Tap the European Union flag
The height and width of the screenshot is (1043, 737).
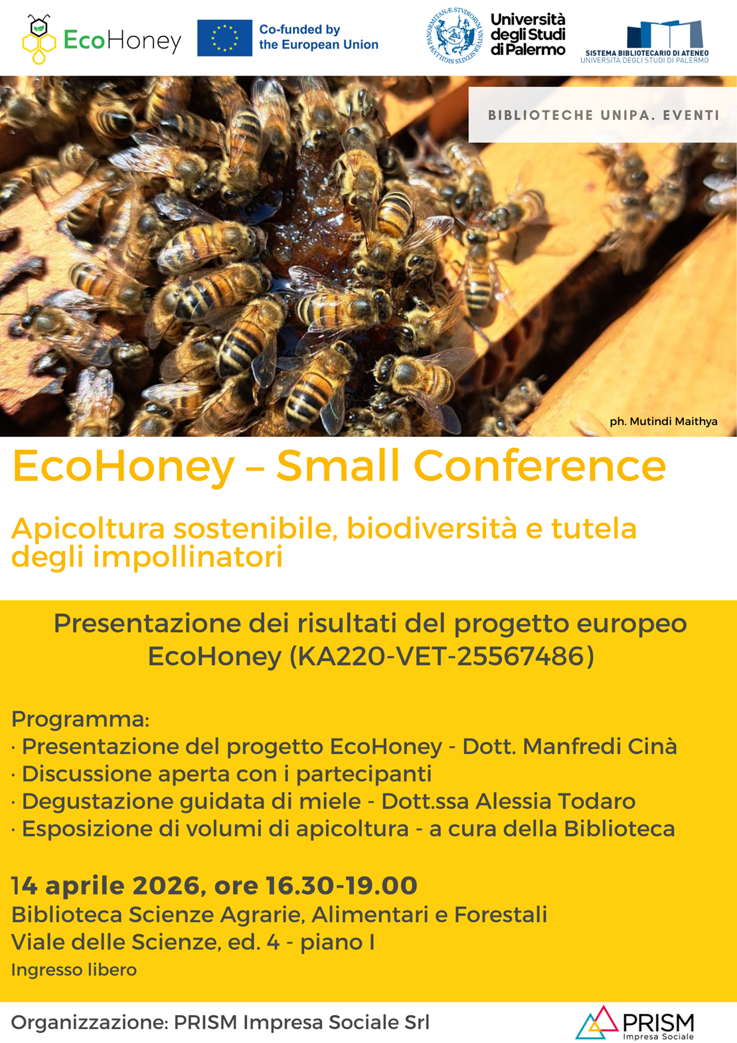224,38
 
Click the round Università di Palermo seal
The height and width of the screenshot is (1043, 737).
455,35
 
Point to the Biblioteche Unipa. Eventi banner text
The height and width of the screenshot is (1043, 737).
604,116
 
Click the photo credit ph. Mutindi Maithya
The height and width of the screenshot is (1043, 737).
663,422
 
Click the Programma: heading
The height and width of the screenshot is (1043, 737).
80,719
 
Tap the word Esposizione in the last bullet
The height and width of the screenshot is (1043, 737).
87,829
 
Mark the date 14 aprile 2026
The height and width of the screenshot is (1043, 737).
105,886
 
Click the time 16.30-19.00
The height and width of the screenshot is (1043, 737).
341,886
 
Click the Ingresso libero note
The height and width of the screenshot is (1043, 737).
74,970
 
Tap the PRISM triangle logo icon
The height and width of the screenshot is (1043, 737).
597,1023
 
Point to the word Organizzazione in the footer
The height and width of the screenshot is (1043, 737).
87,1022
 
